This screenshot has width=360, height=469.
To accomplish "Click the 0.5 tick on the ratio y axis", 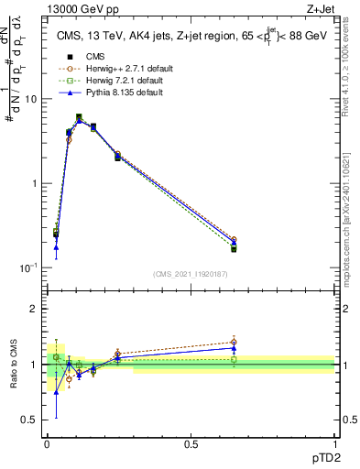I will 32,420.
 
